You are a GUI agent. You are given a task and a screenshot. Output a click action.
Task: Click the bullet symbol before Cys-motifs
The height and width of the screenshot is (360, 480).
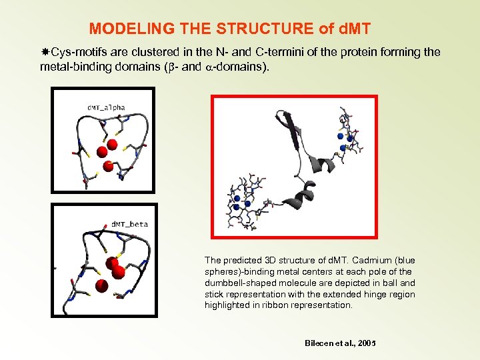coord(45,53)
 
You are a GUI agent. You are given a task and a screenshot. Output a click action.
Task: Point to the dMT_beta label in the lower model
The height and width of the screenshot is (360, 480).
coord(129,224)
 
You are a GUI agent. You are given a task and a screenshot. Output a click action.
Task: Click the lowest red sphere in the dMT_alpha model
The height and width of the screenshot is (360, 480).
coord(107,165)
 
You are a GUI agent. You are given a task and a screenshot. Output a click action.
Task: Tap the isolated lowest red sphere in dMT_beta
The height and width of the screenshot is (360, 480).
coord(101,286)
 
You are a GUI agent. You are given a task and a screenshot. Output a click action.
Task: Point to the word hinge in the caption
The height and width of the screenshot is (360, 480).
coord(372,294)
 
